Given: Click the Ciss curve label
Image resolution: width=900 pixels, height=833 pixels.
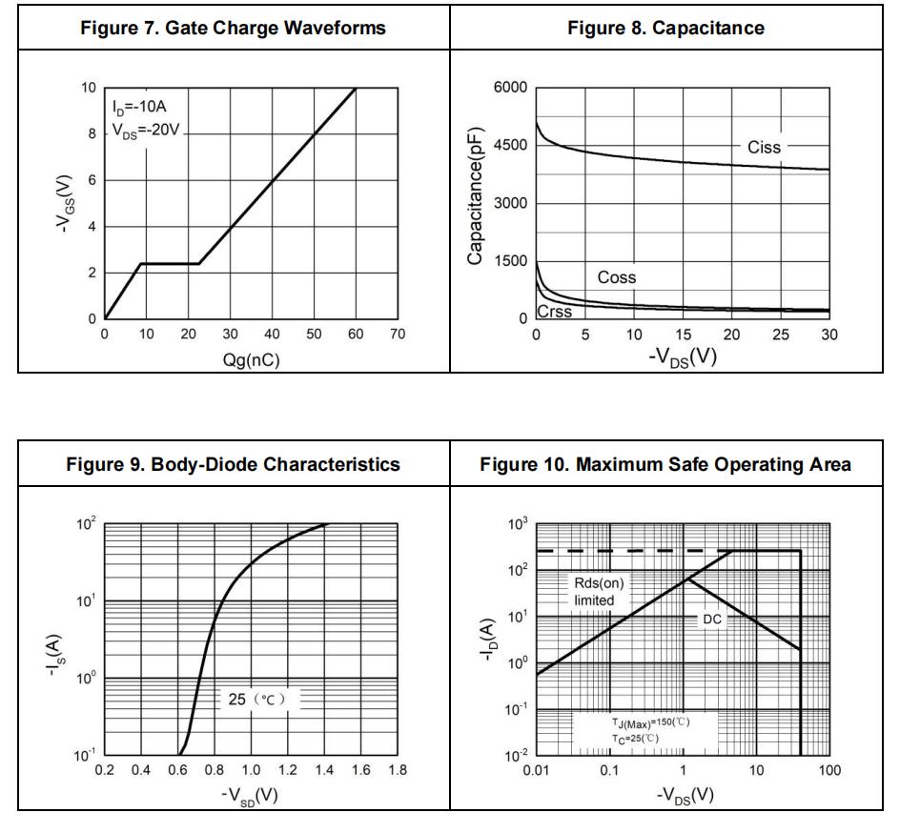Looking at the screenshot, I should click(x=764, y=148).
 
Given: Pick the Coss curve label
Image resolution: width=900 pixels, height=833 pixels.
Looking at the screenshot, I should click(x=617, y=277).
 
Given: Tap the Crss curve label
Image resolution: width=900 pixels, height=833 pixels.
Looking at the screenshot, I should click(x=556, y=312).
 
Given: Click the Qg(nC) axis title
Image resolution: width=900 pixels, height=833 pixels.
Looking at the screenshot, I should click(x=251, y=360).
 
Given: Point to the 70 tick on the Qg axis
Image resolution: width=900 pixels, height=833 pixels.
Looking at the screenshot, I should click(x=398, y=335).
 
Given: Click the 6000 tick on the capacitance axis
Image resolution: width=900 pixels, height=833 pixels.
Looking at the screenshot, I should click(x=510, y=89).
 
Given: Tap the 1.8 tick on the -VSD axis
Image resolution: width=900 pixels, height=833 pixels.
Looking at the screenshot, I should click(x=398, y=770).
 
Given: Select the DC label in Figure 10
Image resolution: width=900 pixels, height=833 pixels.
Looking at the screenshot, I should click(x=712, y=619).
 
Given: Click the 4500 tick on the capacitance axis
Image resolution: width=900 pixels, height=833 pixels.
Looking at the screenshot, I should click(x=510, y=146).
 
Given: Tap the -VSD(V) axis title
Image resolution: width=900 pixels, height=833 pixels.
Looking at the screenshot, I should click(x=251, y=795).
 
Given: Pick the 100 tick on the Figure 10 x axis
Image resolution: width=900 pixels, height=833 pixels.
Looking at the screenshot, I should click(x=830, y=770).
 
